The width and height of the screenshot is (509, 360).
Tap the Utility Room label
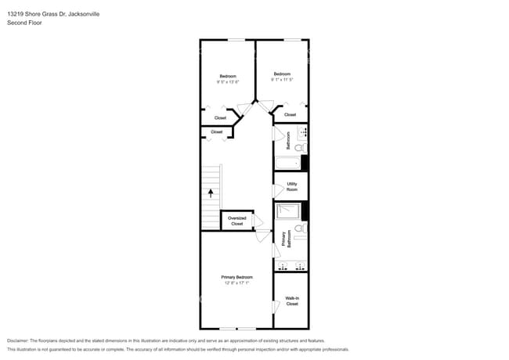pyautogui.click(x=291, y=187)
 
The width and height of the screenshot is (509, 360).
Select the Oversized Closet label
pyautogui.click(x=237, y=221)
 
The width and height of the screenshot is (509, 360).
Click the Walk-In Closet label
pyautogui.click(x=291, y=301)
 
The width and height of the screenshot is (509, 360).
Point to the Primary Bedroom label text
pyautogui.click(x=236, y=277)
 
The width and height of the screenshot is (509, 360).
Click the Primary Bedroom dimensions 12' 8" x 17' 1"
pyautogui.click(x=236, y=283)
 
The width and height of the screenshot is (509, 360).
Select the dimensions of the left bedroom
pyautogui.click(x=228, y=81)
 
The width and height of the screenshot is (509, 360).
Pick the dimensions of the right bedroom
pyautogui.click(x=282, y=79)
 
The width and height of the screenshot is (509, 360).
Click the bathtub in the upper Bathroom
pyautogui.click(x=287, y=163)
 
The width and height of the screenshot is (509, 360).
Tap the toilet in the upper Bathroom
pyautogui.click(x=300, y=147)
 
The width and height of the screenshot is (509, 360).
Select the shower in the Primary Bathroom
pyautogui.click(x=288, y=211)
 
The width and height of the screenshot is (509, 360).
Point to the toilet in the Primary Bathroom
pyautogui.click(x=299, y=229)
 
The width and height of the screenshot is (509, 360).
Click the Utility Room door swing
pyautogui.click(x=277, y=190)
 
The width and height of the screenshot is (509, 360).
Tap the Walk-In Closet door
pyautogui.click(x=276, y=307)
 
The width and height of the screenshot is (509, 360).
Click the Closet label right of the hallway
pyautogui.click(x=290, y=114)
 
